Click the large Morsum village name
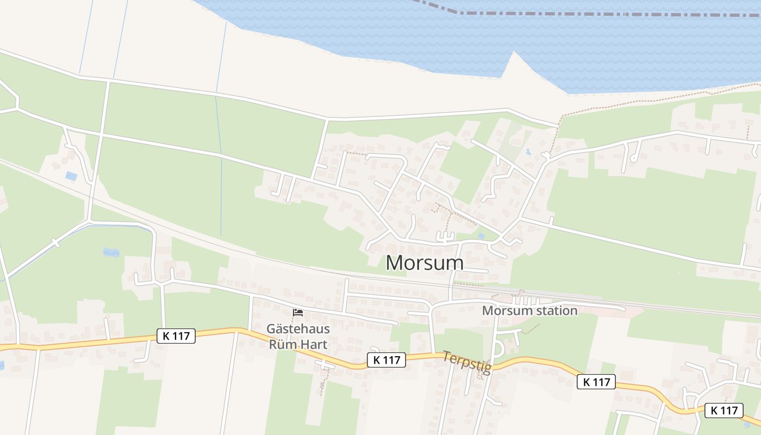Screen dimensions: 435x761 pyautogui.click(x=425, y=263)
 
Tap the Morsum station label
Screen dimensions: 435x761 pyautogui.click(x=529, y=311)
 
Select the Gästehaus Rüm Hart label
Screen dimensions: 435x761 pyautogui.click(x=298, y=336)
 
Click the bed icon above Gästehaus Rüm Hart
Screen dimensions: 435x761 pyautogui.click(x=298, y=313)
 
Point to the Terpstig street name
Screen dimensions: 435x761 pyautogui.click(x=467, y=363)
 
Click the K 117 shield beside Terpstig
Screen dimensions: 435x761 pyautogui.click(x=386, y=359)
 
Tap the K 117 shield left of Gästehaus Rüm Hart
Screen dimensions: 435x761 pyautogui.click(x=176, y=336)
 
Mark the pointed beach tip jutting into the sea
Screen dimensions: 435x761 pyautogui.click(x=513, y=53)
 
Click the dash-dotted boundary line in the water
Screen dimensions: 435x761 pyautogui.click(x=598, y=13)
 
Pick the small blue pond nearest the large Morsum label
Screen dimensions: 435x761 pyautogui.click(x=481, y=236)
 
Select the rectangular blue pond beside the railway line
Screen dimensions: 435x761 pyautogui.click(x=71, y=176)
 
